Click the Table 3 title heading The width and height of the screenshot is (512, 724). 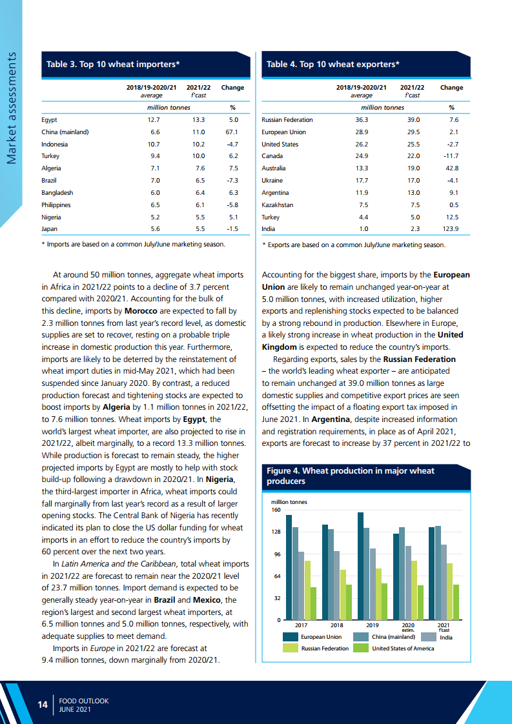(112, 65)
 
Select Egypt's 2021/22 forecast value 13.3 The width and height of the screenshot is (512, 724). (198, 120)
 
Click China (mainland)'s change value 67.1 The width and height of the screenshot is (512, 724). (232, 132)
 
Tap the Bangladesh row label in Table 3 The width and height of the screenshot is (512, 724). (57, 192)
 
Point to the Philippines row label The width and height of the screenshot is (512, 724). (56, 205)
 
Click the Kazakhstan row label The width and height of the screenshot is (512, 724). (277, 205)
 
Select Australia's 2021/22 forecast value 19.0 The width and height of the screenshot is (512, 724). (413, 168)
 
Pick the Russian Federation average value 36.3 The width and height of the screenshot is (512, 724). (362, 120)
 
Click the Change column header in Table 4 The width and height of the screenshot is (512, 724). (451, 87)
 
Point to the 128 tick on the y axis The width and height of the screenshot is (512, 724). (275, 532)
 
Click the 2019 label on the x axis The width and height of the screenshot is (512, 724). (372, 625)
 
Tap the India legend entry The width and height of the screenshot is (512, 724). (445, 638)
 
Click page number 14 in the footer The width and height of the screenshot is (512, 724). (43, 705)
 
